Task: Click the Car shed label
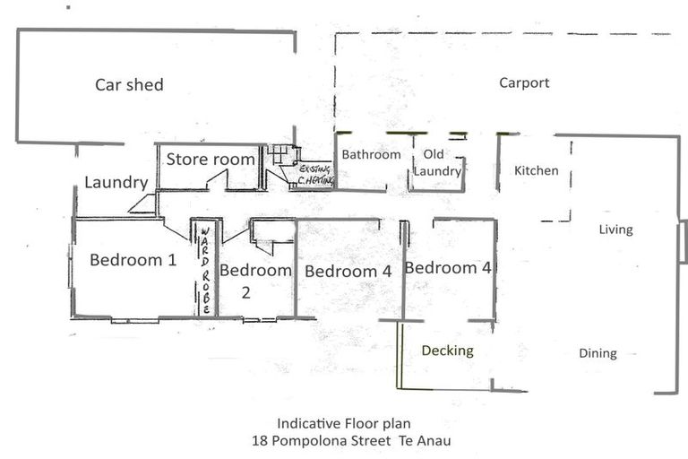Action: (x=129, y=85)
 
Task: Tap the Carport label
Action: (x=524, y=83)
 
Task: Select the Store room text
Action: (x=211, y=160)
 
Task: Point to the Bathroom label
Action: (x=371, y=154)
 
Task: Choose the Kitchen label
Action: (x=536, y=170)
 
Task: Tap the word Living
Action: (x=615, y=229)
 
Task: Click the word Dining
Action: (x=598, y=353)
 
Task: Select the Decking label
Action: (x=447, y=351)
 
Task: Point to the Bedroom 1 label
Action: (x=133, y=260)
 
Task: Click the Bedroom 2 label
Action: (x=255, y=280)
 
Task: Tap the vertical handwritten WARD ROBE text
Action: (x=204, y=270)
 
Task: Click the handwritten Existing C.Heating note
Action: (x=315, y=175)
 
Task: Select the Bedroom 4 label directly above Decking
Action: (x=447, y=267)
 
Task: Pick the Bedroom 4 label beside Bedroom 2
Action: (x=348, y=272)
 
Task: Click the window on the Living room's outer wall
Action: (x=683, y=242)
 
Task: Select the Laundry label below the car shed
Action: (x=116, y=182)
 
